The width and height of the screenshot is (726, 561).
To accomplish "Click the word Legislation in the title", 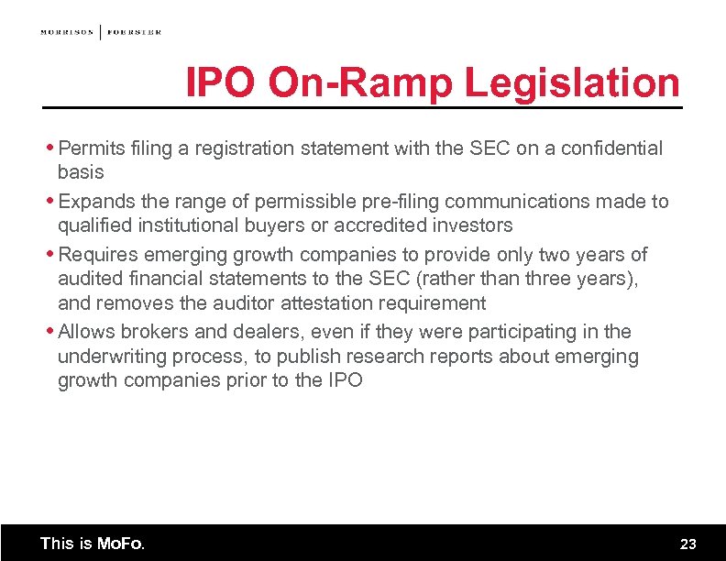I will [572, 83].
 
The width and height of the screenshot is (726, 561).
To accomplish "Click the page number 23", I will [687, 544].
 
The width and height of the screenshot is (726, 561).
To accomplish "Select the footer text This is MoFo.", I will [92, 544].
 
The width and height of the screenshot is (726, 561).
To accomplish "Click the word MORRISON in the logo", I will [67, 32].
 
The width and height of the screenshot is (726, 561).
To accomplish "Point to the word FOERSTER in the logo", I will [134, 32].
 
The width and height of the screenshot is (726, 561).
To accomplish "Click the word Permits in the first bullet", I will [89, 148].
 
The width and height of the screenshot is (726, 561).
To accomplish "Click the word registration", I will [253, 148].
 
